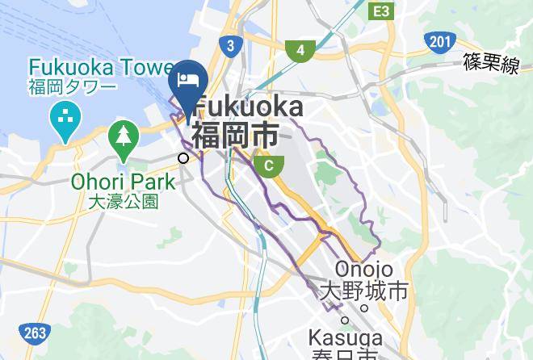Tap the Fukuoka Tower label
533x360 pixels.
(101, 66)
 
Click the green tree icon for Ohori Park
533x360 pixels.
(124, 138)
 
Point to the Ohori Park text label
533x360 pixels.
(123, 180)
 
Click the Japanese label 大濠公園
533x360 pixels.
(123, 200)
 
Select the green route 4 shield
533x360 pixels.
(300, 51)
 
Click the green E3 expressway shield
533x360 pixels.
(381, 11)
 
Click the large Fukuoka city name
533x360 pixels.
(250, 107)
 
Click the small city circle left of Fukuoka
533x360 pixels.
(184, 158)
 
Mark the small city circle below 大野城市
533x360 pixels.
(364, 308)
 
